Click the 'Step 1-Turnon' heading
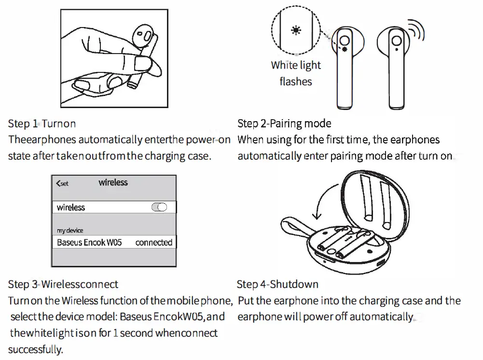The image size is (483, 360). [42, 124]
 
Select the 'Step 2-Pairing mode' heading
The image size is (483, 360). [284, 124]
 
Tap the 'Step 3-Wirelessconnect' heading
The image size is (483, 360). [63, 284]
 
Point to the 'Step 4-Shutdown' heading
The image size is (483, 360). [277, 284]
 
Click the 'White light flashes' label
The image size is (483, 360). [295, 73]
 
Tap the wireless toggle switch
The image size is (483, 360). [159, 207]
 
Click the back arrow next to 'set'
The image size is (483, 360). [58, 183]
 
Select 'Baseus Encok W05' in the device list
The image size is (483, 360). [89, 242]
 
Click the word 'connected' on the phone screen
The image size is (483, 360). [153, 242]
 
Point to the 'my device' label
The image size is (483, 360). [70, 230]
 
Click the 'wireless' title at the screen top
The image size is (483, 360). [113, 182]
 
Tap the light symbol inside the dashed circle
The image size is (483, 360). [295, 30]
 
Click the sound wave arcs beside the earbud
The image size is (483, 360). [416, 31]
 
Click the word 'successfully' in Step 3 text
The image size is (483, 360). [35, 349]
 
